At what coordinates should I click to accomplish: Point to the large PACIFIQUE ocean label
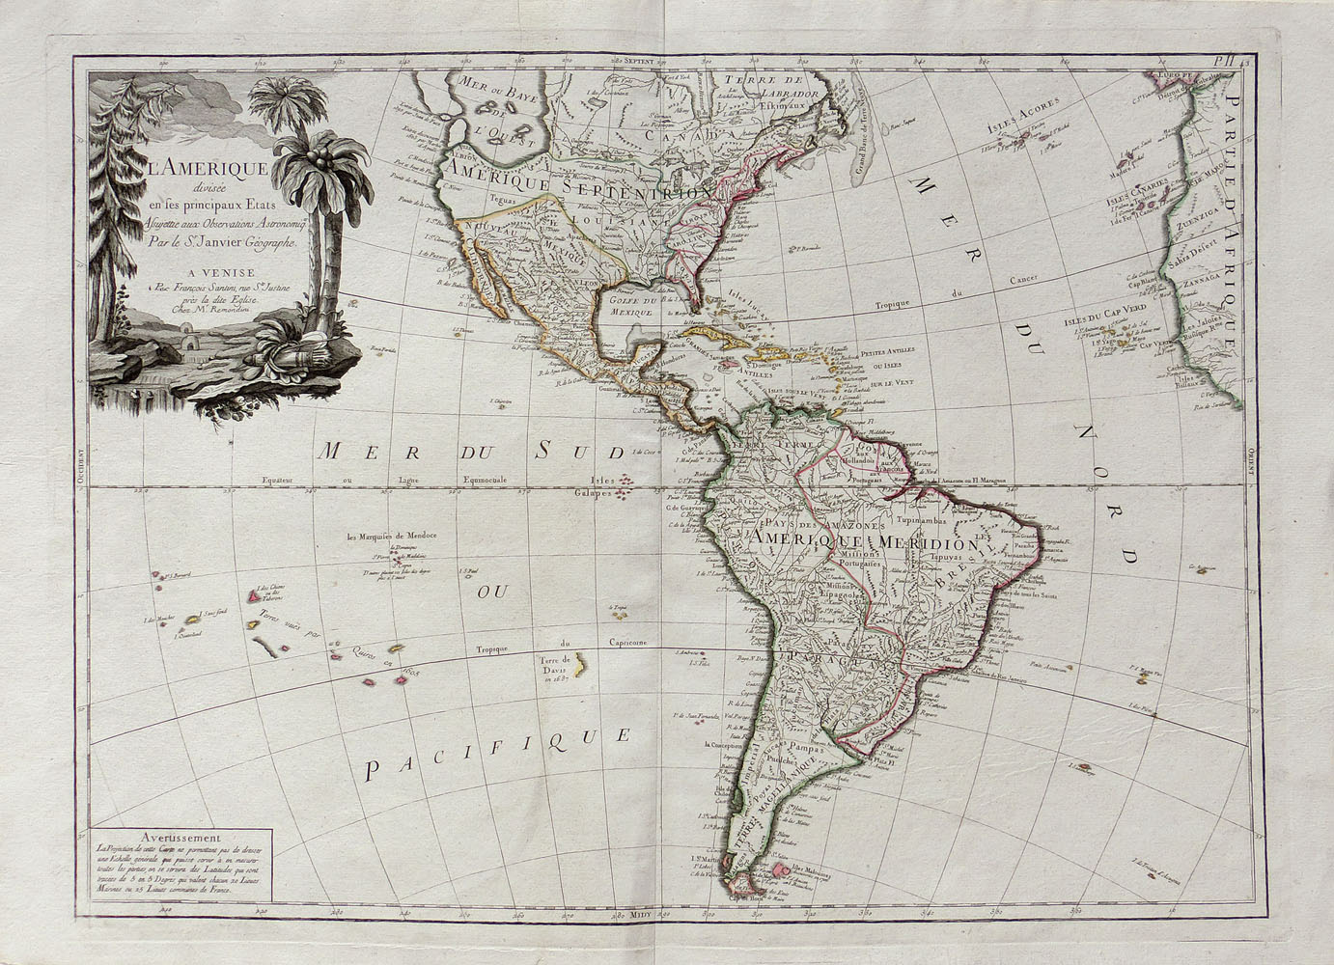point(498,754)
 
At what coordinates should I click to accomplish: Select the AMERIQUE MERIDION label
point(873,541)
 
